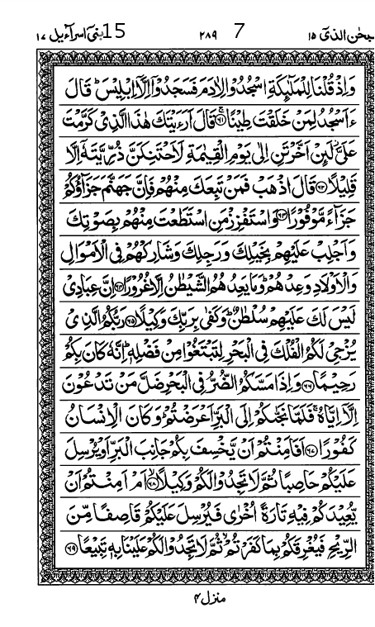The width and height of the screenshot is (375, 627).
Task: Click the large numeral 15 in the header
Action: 115,32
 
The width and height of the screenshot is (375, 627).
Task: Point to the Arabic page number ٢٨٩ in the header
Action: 206,35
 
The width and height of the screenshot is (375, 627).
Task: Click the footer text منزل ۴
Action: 206,592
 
